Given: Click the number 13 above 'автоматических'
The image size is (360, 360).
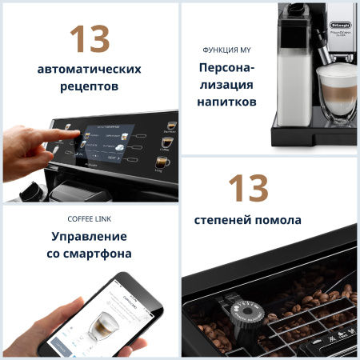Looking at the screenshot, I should pyautogui.click(x=89, y=38).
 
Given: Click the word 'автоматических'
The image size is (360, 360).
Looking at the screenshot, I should pyautogui.click(x=89, y=69).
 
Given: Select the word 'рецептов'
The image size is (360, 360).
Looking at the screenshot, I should pyautogui.click(x=89, y=86).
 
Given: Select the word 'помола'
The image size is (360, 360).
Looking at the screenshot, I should pyautogui.click(x=275, y=219).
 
